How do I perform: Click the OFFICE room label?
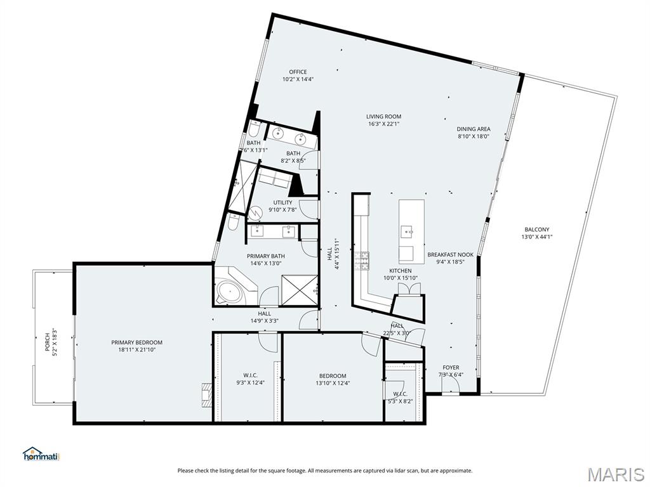pyautogui.click(x=298, y=72)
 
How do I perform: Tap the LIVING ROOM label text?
pyautogui.click(x=383, y=117)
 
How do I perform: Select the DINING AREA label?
pyautogui.click(x=474, y=129)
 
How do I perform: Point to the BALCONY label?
pyautogui.click(x=537, y=230)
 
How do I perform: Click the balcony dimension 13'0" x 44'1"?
pyautogui.click(x=537, y=237)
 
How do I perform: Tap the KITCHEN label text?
pyautogui.click(x=401, y=271)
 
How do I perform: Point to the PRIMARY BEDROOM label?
pyautogui.click(x=136, y=342)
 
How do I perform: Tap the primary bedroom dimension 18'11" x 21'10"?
pyautogui.click(x=136, y=350)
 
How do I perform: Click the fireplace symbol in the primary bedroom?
pyautogui.click(x=206, y=394)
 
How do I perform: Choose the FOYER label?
pyautogui.click(x=451, y=367)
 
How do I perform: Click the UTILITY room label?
pyautogui.click(x=283, y=203)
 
